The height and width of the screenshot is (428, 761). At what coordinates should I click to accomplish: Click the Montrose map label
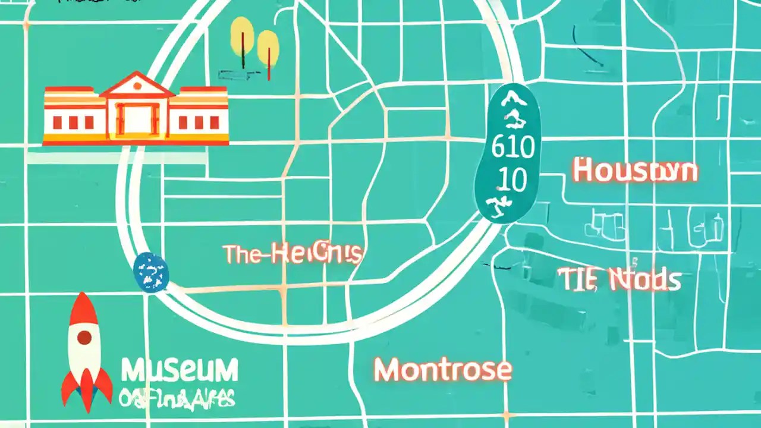click(443, 370)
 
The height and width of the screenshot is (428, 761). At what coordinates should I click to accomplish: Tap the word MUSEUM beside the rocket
click(180, 370)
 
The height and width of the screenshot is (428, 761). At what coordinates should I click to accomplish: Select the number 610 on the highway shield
click(512, 148)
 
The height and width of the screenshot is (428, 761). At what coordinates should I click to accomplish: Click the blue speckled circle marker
click(151, 272)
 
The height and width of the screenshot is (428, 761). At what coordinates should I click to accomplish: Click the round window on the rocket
click(84, 338)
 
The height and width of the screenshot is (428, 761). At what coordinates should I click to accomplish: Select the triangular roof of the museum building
click(137, 85)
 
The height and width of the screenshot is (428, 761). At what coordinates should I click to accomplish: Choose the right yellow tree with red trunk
click(268, 46)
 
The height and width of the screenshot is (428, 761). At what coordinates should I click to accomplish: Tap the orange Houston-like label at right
click(635, 171)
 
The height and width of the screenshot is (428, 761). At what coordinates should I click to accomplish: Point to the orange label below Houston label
click(620, 279)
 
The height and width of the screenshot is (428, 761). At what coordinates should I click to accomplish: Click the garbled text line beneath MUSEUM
click(177, 398)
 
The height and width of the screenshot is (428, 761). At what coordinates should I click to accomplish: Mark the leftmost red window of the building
click(58, 123)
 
